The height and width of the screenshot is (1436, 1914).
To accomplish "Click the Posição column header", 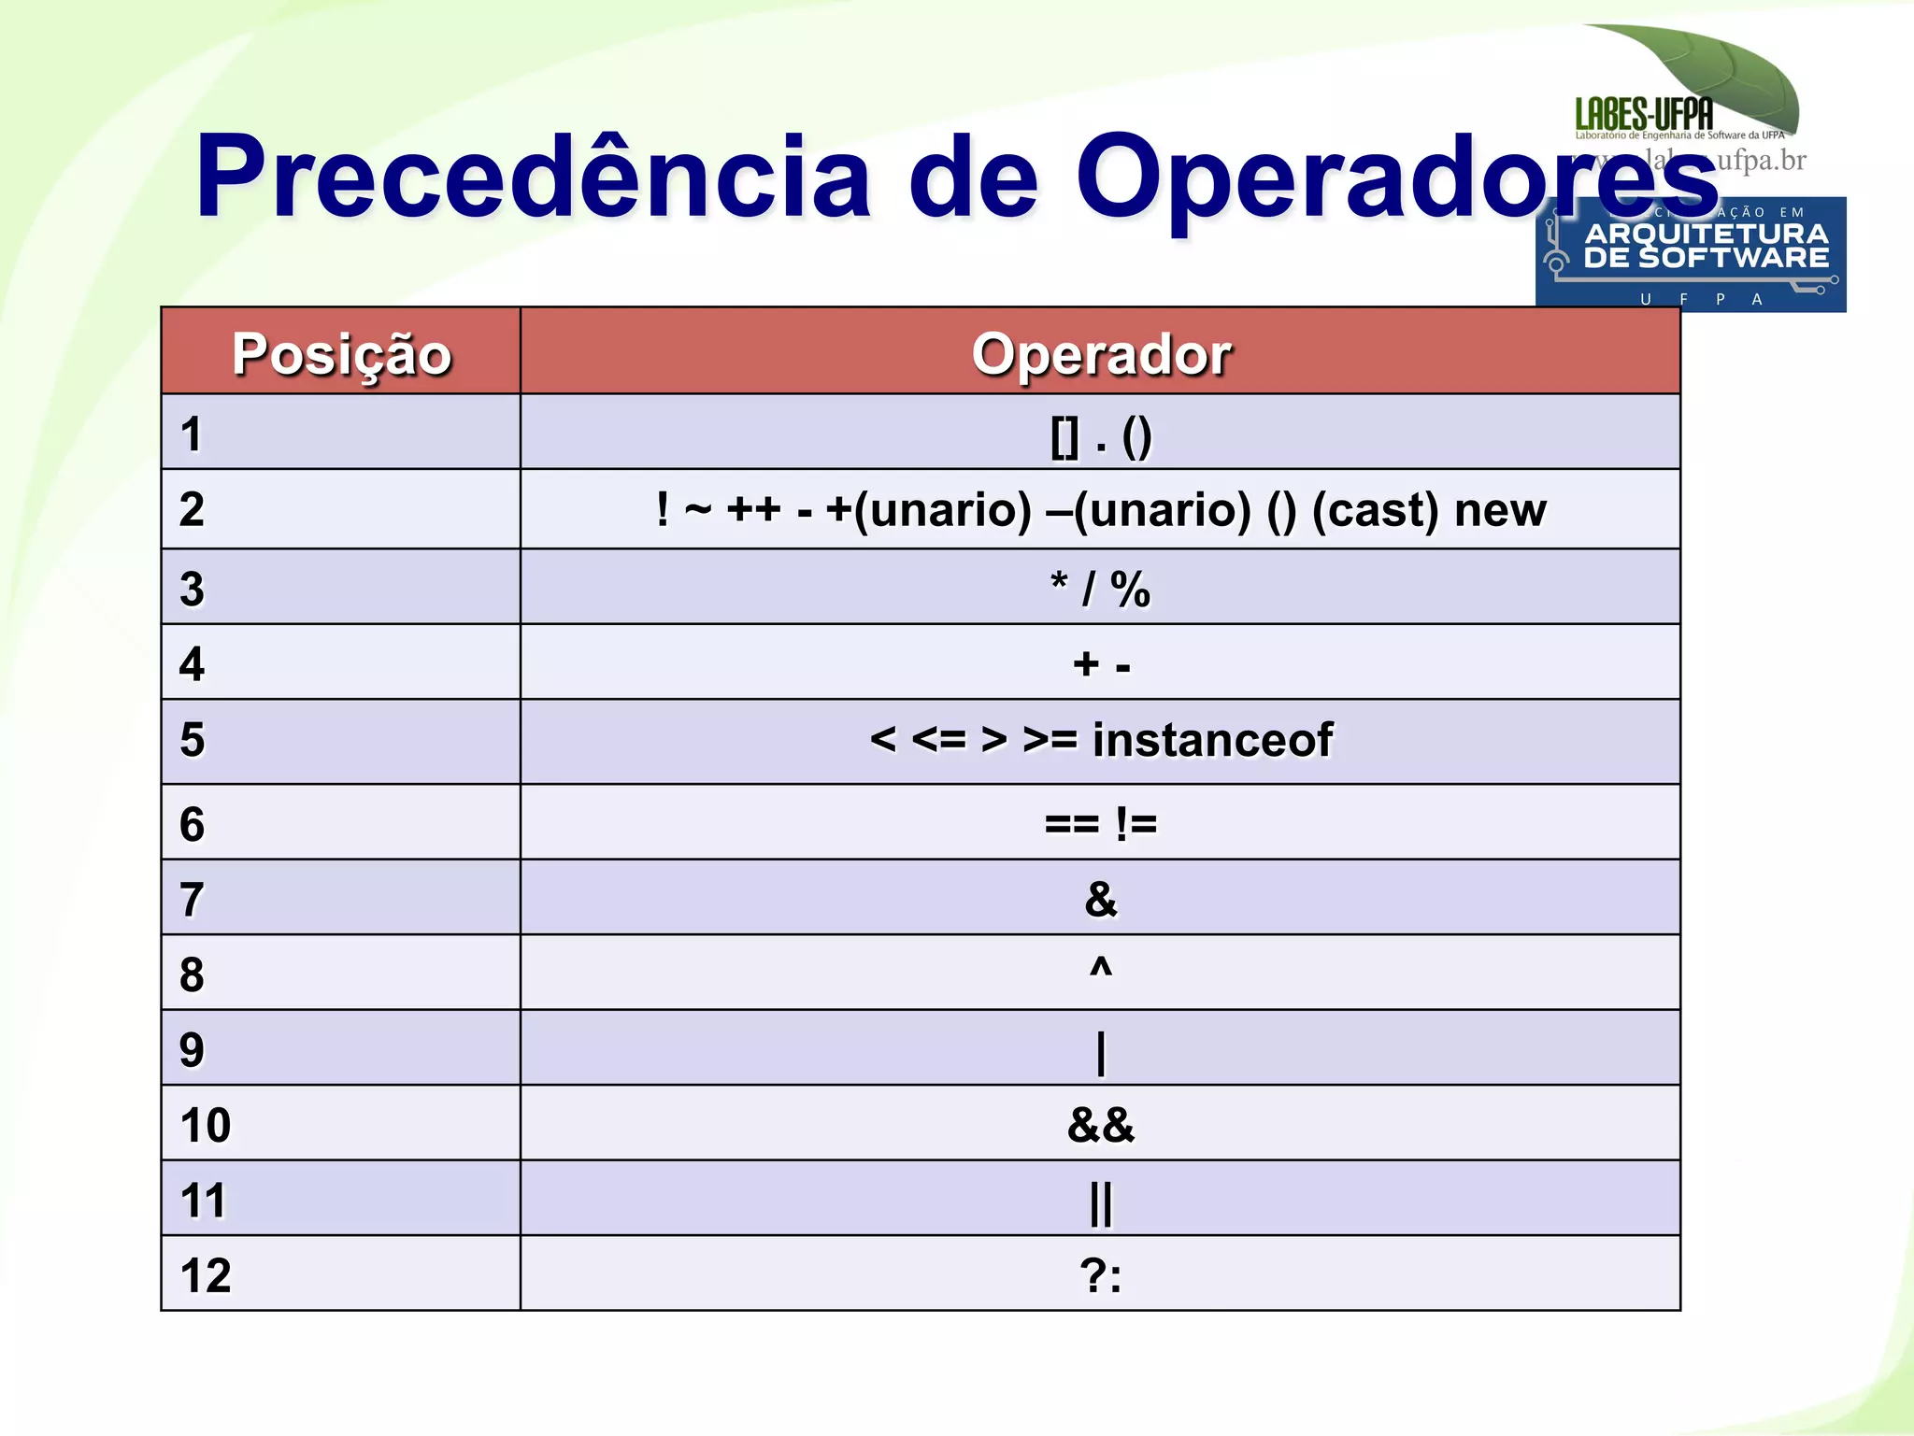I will click(x=341, y=354).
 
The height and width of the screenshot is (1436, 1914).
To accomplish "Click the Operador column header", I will click(x=1101, y=354).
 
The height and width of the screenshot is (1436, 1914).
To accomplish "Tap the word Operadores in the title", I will click(x=1396, y=177).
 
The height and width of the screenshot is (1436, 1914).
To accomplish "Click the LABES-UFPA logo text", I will click(x=1644, y=115).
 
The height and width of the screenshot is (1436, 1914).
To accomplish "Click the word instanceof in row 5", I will click(x=1212, y=740).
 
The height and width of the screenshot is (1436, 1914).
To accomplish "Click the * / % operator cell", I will click(x=1100, y=589).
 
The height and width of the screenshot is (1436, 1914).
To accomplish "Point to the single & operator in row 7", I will click(x=1101, y=899).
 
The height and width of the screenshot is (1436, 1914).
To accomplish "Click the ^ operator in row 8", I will click(x=1101, y=967).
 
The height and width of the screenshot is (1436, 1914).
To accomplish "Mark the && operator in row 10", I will click(x=1101, y=1125).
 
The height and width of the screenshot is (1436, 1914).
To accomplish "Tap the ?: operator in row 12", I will click(x=1101, y=1275).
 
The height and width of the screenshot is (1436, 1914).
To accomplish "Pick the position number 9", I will click(x=192, y=1050).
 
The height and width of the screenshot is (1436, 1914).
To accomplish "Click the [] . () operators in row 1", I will click(x=1101, y=436).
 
